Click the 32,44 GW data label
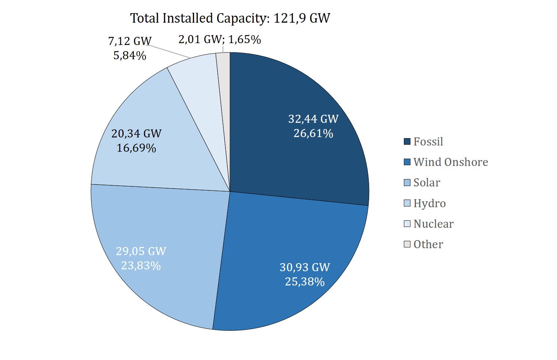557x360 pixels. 313,119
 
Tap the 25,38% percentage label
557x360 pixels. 305,282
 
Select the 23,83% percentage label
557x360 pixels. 141,266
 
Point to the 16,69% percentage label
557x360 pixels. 136,148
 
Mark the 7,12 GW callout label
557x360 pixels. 130,41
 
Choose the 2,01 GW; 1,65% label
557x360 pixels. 220,39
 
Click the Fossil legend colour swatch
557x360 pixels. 407,141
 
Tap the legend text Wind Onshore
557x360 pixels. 451,162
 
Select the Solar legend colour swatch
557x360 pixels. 407,183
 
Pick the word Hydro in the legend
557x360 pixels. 429,203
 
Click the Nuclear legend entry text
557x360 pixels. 433,224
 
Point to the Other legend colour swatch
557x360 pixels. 407,244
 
